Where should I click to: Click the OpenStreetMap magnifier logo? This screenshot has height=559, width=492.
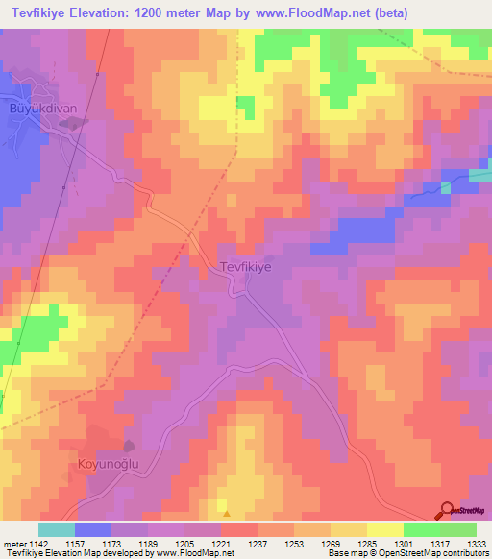(447, 511)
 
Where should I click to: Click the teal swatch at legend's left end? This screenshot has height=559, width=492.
(57, 529)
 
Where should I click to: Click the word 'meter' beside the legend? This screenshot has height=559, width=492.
(13, 545)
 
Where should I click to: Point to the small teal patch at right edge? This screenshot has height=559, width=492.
(480, 175)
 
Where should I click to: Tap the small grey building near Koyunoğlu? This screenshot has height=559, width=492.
(129, 445)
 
